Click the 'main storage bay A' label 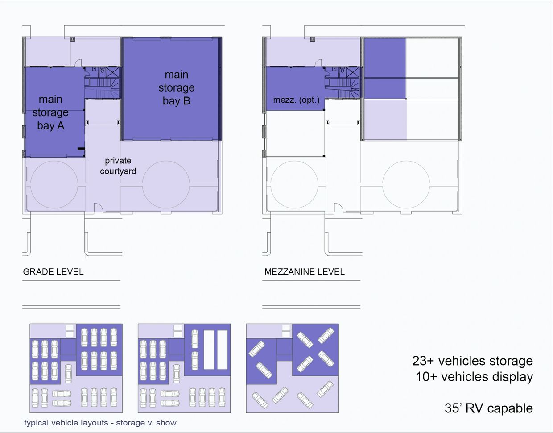50,112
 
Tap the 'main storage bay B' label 176,87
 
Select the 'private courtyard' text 118,166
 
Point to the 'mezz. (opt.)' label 296,100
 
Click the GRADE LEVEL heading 53,272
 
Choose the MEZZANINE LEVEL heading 305,272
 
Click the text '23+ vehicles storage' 472,361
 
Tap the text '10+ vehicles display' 474,377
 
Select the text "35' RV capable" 489,408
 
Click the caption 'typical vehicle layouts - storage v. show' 100,423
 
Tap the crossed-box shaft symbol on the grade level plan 112,73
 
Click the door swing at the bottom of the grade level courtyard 98,207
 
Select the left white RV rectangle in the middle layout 209,350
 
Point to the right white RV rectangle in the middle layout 222,350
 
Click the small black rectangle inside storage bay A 81,149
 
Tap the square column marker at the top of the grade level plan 73,39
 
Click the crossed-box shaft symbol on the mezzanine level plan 353,73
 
